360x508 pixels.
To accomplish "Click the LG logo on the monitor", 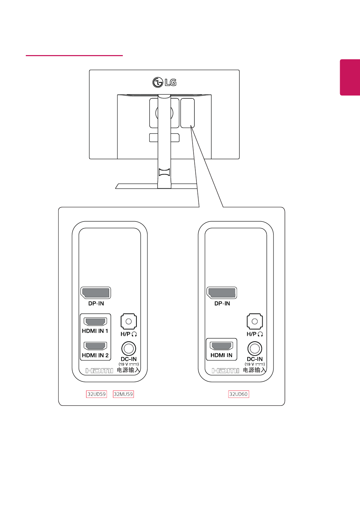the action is click(164, 82).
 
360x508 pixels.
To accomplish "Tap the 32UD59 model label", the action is click(97, 394).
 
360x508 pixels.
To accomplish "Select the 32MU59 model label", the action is click(123, 394).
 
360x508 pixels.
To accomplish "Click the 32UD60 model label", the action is click(239, 394).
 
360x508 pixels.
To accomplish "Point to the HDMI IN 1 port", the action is click(96, 321).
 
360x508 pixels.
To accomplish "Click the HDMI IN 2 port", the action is click(96, 346).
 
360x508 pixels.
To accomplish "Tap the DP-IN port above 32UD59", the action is click(96, 293).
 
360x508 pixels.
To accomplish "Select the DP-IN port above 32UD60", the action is click(222, 293).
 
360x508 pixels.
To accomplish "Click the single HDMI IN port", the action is click(222, 346).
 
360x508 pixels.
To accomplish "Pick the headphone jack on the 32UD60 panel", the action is click(255, 321).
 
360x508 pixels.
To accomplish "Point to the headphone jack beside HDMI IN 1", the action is click(128, 321).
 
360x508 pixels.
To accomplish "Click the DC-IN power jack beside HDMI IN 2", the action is click(128, 348).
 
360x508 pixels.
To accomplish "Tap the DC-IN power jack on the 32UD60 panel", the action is click(255, 348).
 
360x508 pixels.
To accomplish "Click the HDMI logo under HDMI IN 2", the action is click(99, 370).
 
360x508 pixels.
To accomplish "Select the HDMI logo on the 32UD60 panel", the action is click(225, 370).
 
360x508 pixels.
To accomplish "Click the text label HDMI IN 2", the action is click(95, 355).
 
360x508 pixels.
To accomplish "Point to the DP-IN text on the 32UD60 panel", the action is click(222, 304).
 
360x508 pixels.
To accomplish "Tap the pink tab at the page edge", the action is click(350, 77).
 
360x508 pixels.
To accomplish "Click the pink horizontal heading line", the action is click(74, 55).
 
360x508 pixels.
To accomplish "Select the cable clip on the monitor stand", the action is click(164, 172).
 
